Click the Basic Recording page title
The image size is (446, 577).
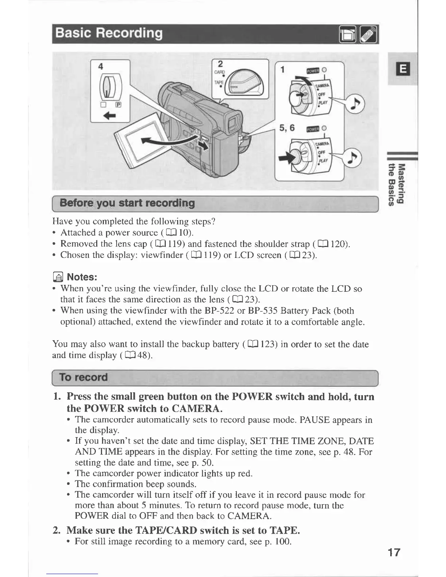click(108, 33)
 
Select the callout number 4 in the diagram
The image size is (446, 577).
click(101, 66)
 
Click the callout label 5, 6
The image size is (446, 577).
click(287, 128)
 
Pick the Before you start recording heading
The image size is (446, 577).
click(127, 203)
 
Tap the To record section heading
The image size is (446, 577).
click(83, 377)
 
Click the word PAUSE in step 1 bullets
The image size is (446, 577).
click(312, 420)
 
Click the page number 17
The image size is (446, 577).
click(394, 553)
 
